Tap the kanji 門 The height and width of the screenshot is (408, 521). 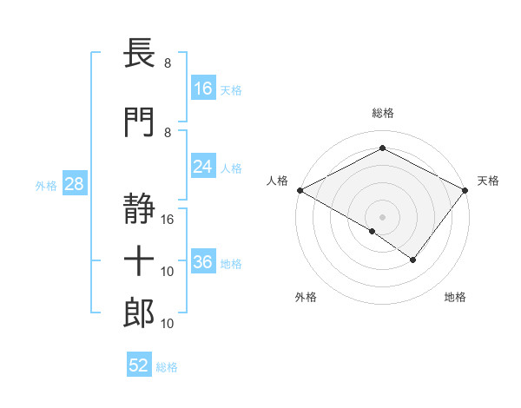(140, 122)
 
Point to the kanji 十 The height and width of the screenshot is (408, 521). (140, 260)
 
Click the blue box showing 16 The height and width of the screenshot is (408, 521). (203, 88)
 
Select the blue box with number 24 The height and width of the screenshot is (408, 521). (203, 167)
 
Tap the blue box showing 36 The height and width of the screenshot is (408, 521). (203, 263)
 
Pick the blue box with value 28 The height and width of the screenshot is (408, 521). (73, 185)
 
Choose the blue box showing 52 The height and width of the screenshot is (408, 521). (139, 366)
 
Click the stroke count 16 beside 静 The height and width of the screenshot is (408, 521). (168, 219)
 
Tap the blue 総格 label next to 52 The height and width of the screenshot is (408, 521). (167, 367)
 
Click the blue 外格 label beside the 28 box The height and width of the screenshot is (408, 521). (46, 186)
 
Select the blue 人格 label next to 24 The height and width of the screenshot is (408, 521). (231, 168)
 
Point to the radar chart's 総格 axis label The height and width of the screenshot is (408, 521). (382, 113)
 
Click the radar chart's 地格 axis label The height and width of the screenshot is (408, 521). (455, 298)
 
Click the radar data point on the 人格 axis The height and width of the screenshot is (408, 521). (300, 189)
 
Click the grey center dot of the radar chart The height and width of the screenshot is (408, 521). (382, 216)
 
